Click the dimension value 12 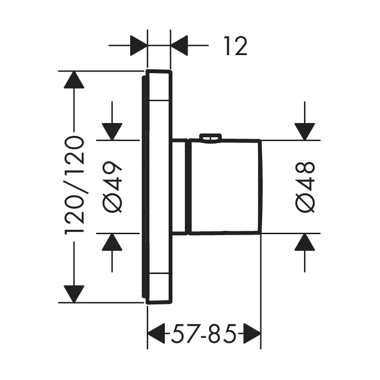235,47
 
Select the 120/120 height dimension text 75,185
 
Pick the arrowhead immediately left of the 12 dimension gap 138,46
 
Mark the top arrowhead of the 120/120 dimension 74,80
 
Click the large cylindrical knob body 226,186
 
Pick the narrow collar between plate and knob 180,186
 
